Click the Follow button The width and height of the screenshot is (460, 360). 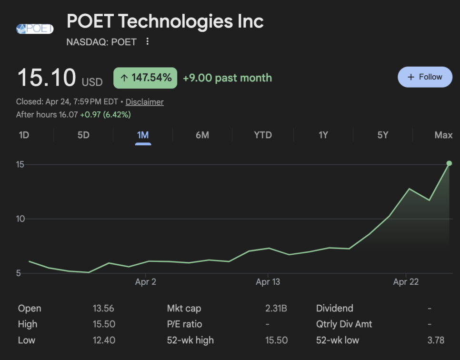click(x=425, y=77)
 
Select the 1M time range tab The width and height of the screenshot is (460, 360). click(x=143, y=135)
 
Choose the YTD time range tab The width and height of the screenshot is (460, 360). click(x=263, y=135)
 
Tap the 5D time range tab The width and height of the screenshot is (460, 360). click(x=83, y=135)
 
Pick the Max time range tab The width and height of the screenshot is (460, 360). click(x=443, y=135)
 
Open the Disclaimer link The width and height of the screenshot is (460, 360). click(x=144, y=102)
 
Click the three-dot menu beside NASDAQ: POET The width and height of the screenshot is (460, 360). click(x=148, y=42)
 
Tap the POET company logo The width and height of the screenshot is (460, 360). click(x=35, y=29)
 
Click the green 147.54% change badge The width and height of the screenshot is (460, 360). click(x=145, y=78)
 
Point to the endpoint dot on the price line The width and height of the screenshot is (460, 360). click(x=449, y=163)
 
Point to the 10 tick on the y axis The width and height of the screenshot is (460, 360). click(x=20, y=219)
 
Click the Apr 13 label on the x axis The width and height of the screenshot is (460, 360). click(x=268, y=282)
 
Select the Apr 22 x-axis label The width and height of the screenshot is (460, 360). click(x=406, y=282)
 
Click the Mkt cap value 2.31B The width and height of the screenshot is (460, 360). click(x=276, y=309)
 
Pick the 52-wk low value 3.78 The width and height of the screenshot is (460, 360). click(x=436, y=340)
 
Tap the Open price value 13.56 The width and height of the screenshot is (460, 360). click(x=103, y=309)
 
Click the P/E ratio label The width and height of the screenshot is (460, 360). click(x=184, y=324)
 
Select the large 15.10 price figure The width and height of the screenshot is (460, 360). click(x=46, y=78)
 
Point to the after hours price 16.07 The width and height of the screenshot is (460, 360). click(x=69, y=115)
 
